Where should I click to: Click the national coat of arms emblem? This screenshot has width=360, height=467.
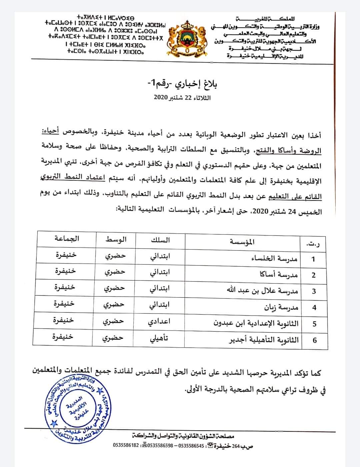pos(188,37)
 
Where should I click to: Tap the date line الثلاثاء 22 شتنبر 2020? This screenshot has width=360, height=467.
pos(182,98)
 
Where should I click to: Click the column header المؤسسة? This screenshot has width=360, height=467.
pos(242,242)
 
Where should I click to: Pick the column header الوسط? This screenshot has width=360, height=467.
pos(116,240)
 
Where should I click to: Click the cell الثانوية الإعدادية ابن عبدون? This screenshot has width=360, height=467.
pos(256,323)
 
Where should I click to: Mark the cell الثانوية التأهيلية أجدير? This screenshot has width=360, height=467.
pos(263,340)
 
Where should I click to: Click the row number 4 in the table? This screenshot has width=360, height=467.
pos(314,307)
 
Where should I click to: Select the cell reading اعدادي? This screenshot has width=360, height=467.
pos(159,322)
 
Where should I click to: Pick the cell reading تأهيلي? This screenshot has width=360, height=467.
pos(158,338)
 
